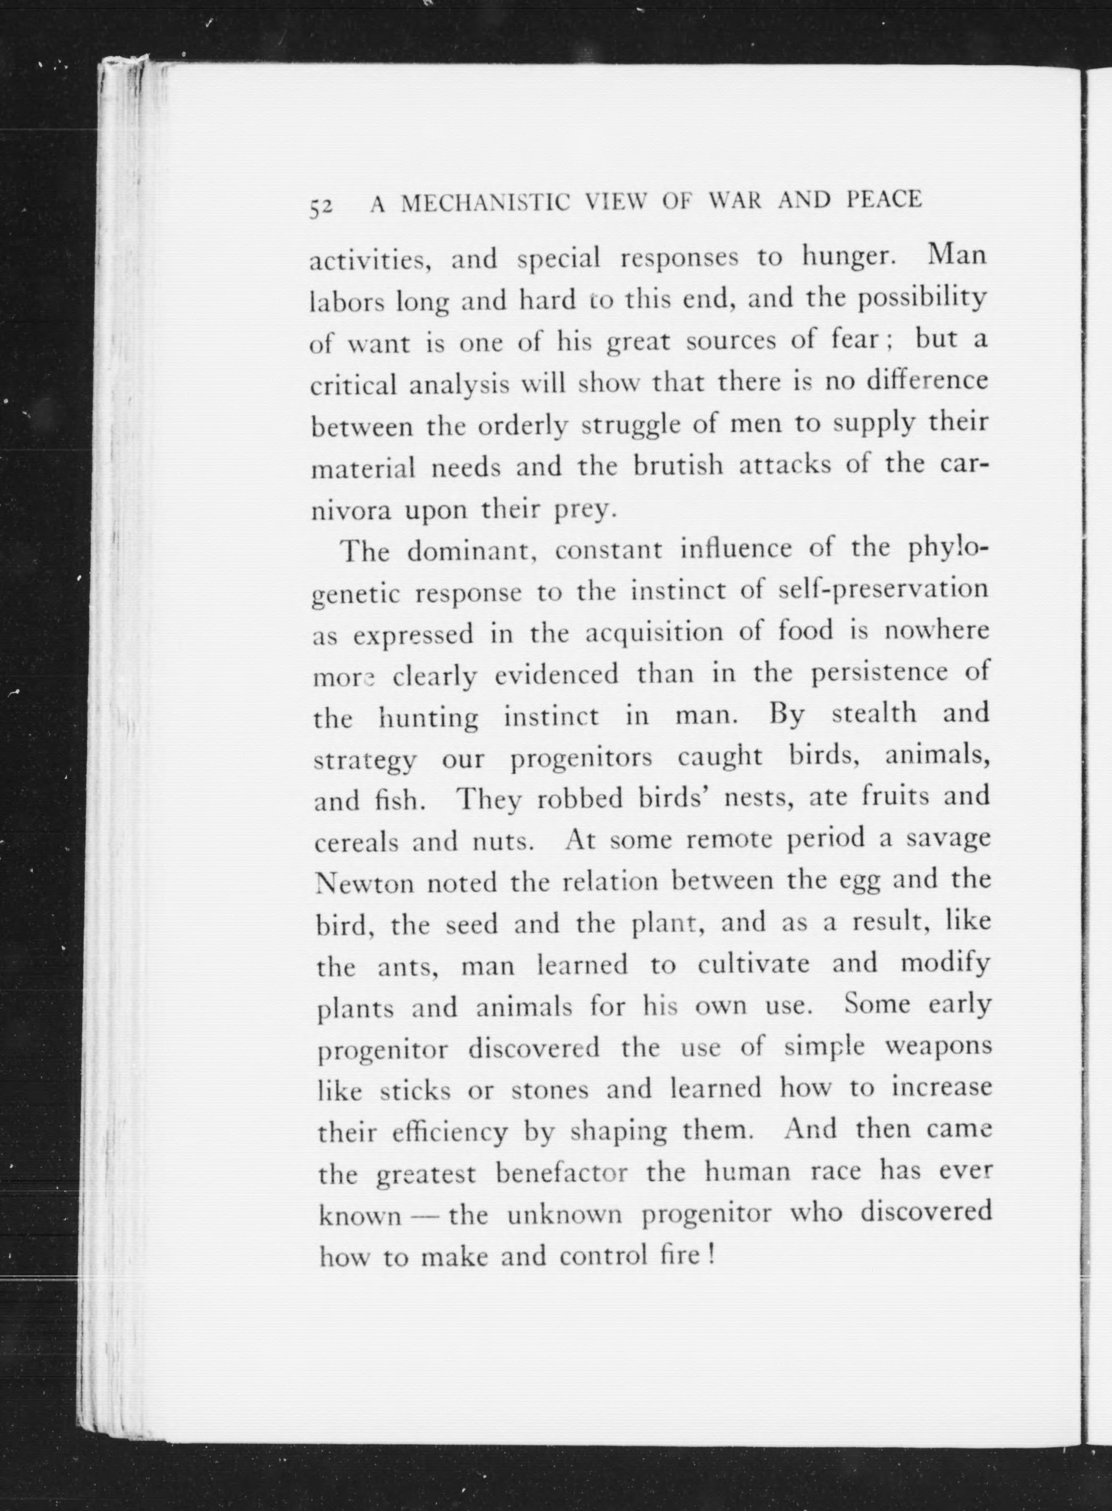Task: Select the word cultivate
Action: pos(753,964)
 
